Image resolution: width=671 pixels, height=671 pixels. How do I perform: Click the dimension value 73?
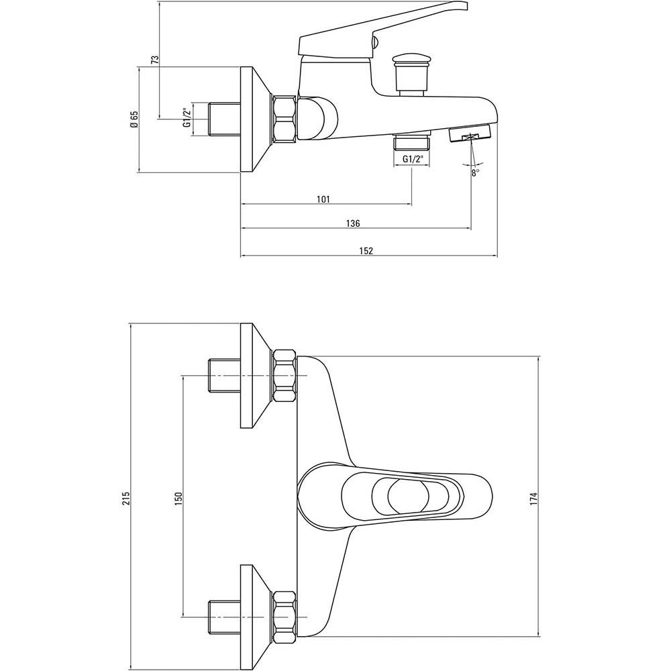point(156,60)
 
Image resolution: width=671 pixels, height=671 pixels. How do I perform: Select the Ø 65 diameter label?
point(135,119)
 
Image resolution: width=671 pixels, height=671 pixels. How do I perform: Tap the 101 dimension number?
point(323,199)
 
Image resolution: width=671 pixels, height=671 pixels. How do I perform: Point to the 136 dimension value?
point(353,223)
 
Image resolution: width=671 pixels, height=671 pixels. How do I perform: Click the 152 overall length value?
point(366,251)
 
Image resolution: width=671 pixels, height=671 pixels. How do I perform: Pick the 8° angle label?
point(476,173)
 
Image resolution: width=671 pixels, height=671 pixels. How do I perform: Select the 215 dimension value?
point(126,498)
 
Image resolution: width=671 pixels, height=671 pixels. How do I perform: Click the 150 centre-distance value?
point(178,498)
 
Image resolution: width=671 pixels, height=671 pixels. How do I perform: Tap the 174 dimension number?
point(533,499)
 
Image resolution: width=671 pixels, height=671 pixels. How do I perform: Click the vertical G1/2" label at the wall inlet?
point(187,117)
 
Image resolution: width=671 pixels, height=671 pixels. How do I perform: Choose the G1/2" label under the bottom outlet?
point(413,159)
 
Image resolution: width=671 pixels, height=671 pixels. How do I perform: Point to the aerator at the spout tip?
point(470,133)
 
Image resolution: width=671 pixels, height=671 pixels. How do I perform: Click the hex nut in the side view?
point(284,119)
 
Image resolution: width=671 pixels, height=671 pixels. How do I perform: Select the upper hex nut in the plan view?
point(285,376)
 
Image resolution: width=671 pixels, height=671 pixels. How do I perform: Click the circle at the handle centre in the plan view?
point(408,496)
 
